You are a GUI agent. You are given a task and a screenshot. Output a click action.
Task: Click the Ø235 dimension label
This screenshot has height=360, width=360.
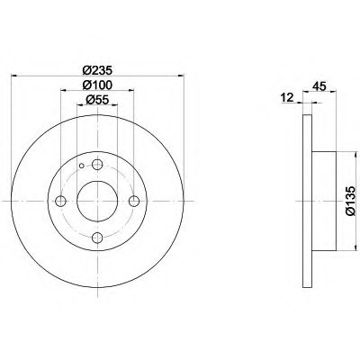coord(97,71)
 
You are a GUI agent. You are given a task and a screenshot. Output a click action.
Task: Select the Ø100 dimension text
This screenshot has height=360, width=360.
coord(97,85)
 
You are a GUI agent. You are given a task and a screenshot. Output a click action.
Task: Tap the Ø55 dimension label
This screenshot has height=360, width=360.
coord(97,100)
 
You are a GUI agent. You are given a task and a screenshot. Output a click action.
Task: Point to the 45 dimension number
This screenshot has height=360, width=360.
coord(319,86)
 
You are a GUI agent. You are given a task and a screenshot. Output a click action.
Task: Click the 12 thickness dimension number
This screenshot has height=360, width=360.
coord(287,97)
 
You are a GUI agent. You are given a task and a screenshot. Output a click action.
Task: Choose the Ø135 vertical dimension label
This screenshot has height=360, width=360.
coord(350,201)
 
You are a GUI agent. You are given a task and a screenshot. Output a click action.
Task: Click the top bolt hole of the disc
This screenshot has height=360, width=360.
coord(97,164)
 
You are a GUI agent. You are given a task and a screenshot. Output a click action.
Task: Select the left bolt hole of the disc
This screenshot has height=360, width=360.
coord(61,201)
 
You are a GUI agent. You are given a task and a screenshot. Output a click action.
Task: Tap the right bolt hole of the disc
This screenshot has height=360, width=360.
coord(134,201)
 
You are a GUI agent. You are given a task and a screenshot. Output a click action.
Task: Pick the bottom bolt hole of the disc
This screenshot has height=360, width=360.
coord(97,238)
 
